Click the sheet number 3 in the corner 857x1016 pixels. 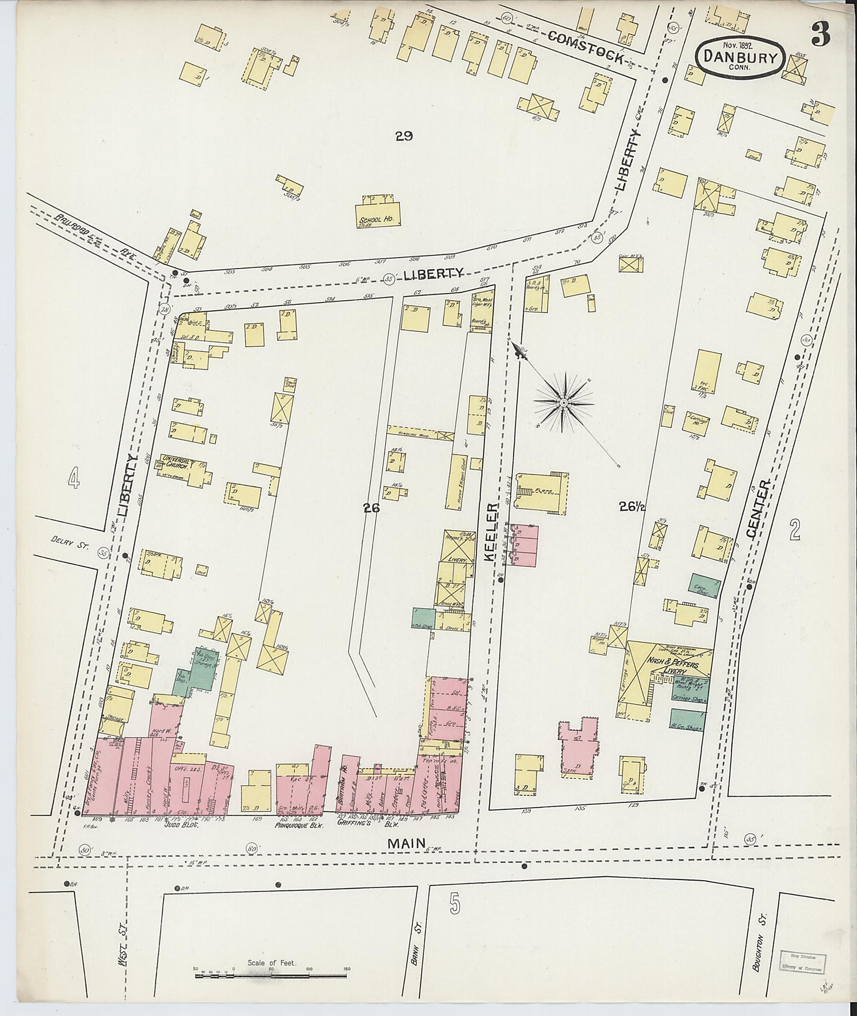[819, 35]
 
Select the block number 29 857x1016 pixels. [403, 136]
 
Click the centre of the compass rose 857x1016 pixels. [563, 403]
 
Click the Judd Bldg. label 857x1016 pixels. [181, 825]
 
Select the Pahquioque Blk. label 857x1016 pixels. [296, 825]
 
